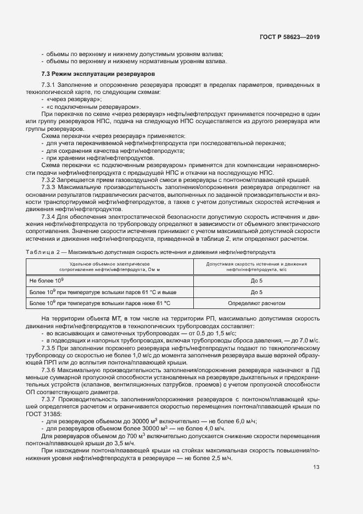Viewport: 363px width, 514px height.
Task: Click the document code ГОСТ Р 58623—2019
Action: click(x=289, y=37)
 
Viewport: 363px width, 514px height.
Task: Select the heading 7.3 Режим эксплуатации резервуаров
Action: click(x=98, y=74)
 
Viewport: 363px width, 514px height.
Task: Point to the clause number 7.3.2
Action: click(x=51, y=180)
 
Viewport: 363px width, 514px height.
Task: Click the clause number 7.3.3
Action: click(x=51, y=187)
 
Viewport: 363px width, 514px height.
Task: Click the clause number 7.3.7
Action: click(x=51, y=399)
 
